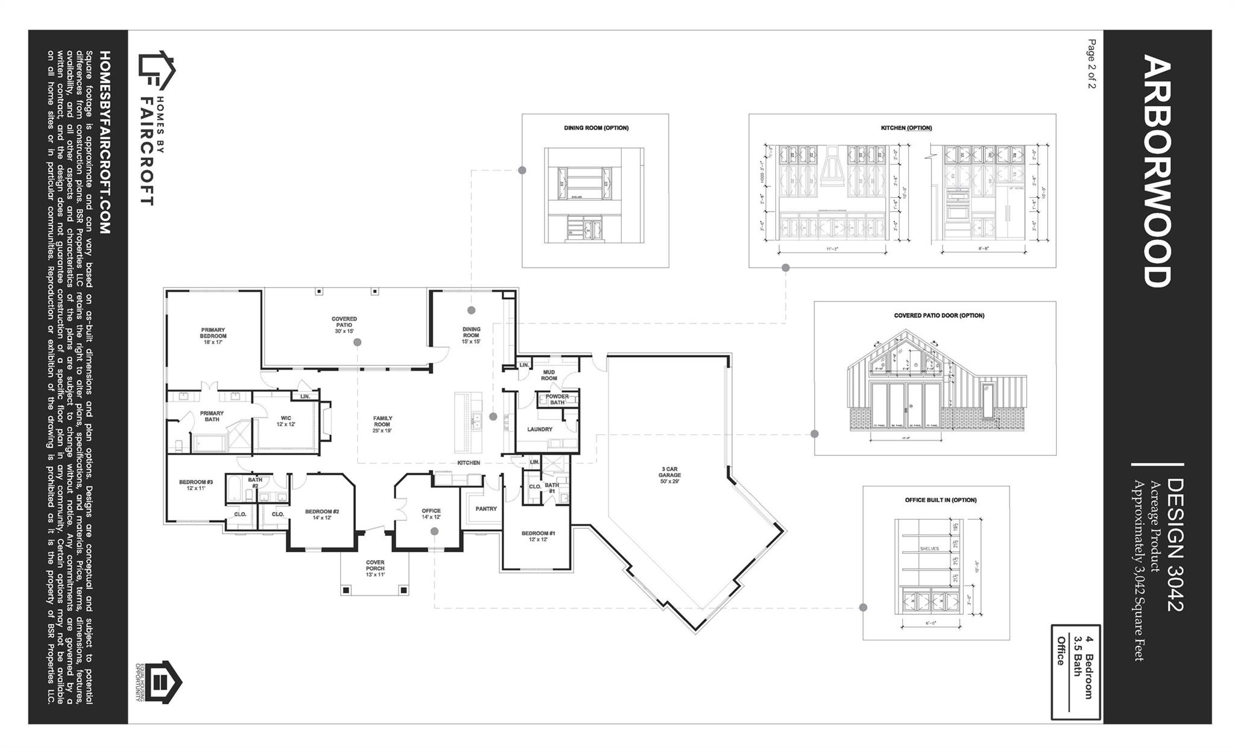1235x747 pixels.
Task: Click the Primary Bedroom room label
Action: (213, 336)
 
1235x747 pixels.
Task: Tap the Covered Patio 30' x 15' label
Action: (344, 325)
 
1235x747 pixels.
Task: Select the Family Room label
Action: (382, 424)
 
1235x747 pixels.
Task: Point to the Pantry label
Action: (486, 509)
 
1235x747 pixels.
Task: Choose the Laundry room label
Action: (540, 429)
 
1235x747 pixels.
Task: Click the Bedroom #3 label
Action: (196, 485)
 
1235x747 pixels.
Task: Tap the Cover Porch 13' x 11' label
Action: (375, 568)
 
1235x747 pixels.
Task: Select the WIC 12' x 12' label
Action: (286, 421)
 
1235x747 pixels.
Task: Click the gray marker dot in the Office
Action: (434, 531)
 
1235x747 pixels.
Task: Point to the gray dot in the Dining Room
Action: (472, 310)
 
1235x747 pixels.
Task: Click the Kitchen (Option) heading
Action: (902, 128)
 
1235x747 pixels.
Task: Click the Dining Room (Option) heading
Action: (596, 128)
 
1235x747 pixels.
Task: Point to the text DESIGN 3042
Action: (1175, 545)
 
